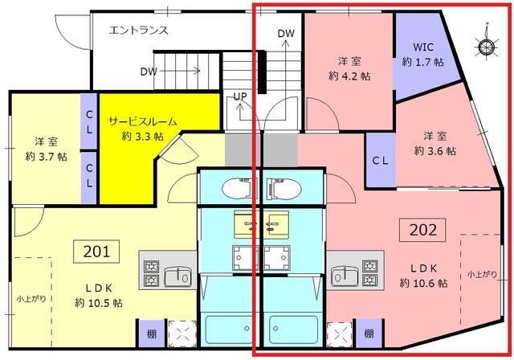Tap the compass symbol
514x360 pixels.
(486, 47)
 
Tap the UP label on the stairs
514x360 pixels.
(239, 96)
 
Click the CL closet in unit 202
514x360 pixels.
(381, 159)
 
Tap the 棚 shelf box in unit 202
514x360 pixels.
(368, 333)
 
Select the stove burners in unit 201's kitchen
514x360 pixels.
(151, 272)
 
